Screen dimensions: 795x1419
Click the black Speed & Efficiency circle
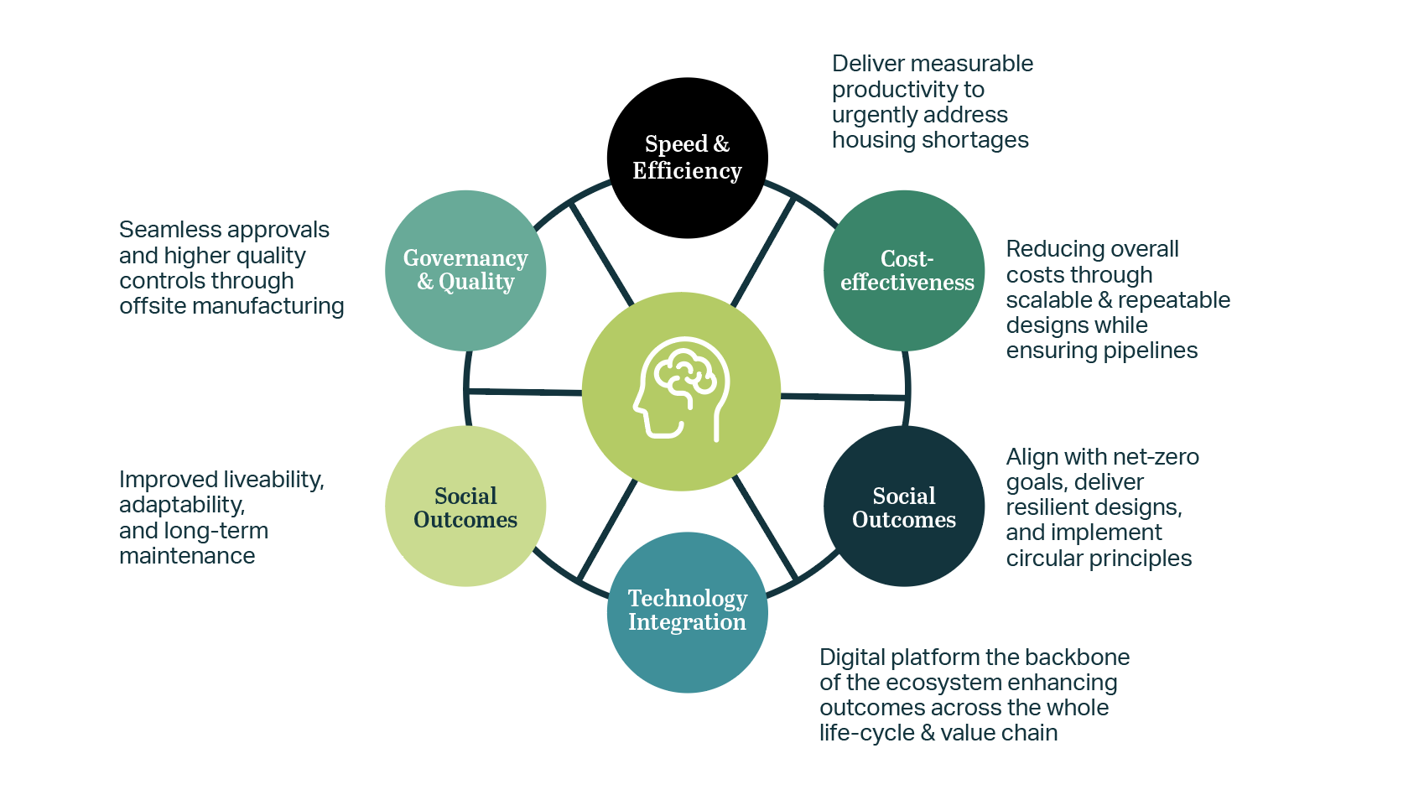687,158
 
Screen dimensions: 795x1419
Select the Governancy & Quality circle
465,270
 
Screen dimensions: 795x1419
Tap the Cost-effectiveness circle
904,270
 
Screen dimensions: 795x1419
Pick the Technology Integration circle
687,611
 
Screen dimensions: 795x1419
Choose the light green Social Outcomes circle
465,507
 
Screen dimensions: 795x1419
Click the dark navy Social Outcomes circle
904,507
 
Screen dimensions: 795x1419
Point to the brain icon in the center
681,388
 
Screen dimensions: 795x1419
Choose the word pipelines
1150,351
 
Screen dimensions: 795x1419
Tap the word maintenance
187,556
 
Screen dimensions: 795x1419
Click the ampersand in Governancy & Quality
425,283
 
